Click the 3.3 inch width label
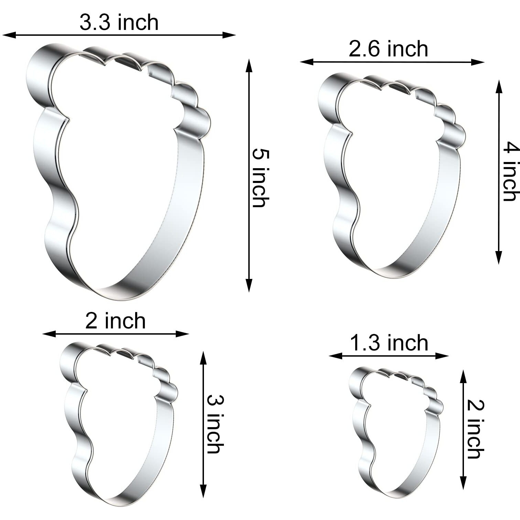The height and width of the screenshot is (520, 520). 119,23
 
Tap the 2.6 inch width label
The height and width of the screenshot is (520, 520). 388,49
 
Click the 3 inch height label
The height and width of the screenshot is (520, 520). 216,424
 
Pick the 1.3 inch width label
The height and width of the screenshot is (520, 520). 389,343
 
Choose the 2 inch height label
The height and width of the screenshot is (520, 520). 476,429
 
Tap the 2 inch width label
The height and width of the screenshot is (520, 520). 116,321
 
